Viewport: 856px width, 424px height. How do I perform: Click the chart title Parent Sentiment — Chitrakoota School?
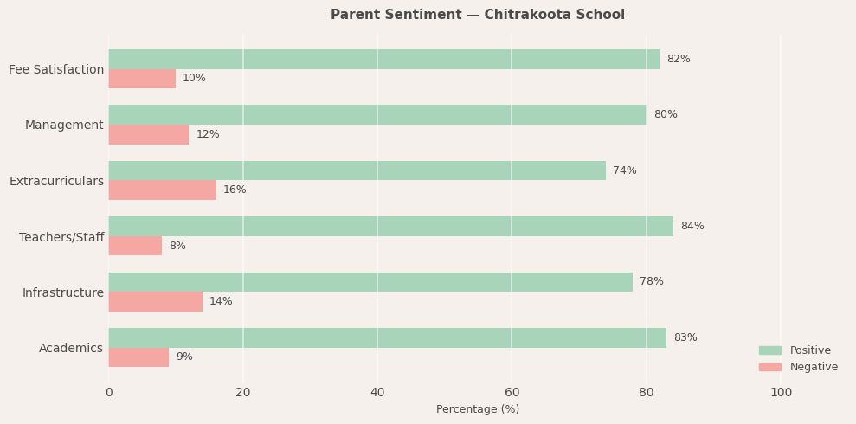click(477, 15)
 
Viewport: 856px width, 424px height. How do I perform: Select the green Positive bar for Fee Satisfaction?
click(383, 59)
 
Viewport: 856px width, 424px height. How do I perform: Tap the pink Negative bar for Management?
click(148, 134)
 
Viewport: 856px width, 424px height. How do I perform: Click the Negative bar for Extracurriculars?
click(162, 190)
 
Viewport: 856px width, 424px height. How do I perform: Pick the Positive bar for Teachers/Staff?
click(390, 226)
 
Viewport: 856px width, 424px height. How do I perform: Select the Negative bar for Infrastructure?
click(155, 301)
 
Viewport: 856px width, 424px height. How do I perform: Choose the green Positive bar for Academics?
click(387, 337)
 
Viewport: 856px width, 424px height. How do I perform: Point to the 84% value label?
click(692, 226)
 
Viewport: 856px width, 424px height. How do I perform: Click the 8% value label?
click(177, 246)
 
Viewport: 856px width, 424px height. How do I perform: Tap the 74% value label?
click(624, 170)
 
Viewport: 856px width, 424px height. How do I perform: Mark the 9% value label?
click(183, 357)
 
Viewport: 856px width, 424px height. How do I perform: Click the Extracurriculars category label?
click(56, 181)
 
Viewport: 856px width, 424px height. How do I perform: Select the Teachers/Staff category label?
click(61, 237)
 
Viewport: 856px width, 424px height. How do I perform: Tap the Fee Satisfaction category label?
click(56, 69)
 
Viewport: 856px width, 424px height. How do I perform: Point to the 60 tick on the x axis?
click(512, 392)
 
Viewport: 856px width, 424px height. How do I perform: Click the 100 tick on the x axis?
click(781, 392)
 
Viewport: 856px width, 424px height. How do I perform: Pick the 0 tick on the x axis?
click(108, 392)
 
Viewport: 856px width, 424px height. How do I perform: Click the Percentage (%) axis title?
click(477, 409)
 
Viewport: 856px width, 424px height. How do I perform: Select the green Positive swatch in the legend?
click(769, 350)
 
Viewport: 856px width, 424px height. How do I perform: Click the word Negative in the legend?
click(814, 367)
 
